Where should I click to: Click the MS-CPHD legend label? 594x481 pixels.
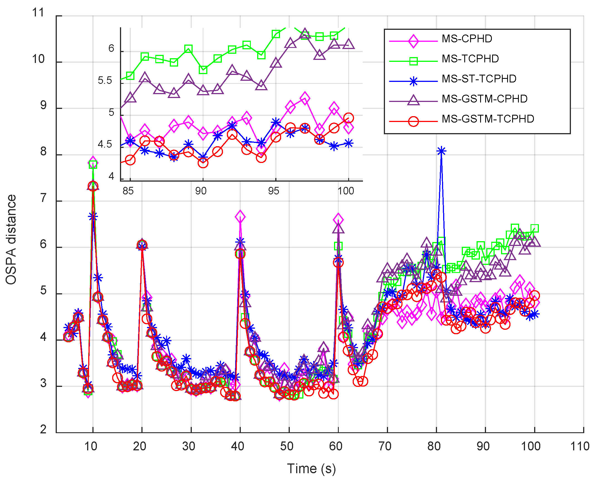tap(467, 39)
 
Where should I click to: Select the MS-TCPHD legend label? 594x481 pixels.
tap(470, 59)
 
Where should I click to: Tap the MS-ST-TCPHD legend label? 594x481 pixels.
tap(479, 79)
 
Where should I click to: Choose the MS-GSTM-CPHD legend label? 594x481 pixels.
tap(485, 99)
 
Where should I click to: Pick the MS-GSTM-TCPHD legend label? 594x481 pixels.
tap(488, 119)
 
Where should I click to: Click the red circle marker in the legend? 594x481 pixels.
tap(413, 121)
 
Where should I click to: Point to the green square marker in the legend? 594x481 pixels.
tap(413, 61)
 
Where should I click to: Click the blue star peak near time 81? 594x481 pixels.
tap(441, 151)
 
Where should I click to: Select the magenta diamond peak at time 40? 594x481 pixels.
tap(240, 217)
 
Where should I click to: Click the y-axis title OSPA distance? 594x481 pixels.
tap(11, 240)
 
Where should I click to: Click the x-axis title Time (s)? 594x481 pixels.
tap(311, 469)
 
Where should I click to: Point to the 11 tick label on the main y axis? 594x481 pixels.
tap(38, 13)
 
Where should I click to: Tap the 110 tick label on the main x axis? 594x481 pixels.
tap(580, 446)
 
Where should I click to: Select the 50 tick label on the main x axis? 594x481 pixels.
tap(286, 446)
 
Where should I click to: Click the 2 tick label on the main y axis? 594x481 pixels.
tap(43, 429)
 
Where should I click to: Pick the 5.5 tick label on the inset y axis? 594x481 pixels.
tap(105, 80)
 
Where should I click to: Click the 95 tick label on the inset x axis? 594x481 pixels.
tap(273, 191)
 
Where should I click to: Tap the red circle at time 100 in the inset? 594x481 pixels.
tap(348, 118)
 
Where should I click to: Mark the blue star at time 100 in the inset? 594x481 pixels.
tap(348, 144)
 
